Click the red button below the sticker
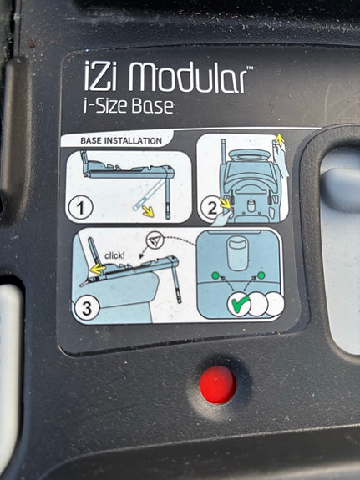click(x=217, y=385)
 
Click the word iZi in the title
click(x=100, y=76)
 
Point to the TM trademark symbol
click(x=250, y=68)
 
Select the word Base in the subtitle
click(x=152, y=106)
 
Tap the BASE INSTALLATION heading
click(x=121, y=141)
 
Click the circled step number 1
click(x=80, y=208)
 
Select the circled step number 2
click(x=211, y=208)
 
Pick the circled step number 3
click(x=87, y=308)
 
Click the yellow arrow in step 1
click(x=148, y=211)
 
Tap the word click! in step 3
click(x=114, y=255)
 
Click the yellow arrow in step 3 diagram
click(x=98, y=269)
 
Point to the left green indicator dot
click(x=215, y=275)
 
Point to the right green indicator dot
click(x=261, y=275)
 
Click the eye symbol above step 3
click(x=155, y=240)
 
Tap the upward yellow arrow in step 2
click(x=279, y=139)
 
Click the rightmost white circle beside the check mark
click(x=276, y=304)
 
